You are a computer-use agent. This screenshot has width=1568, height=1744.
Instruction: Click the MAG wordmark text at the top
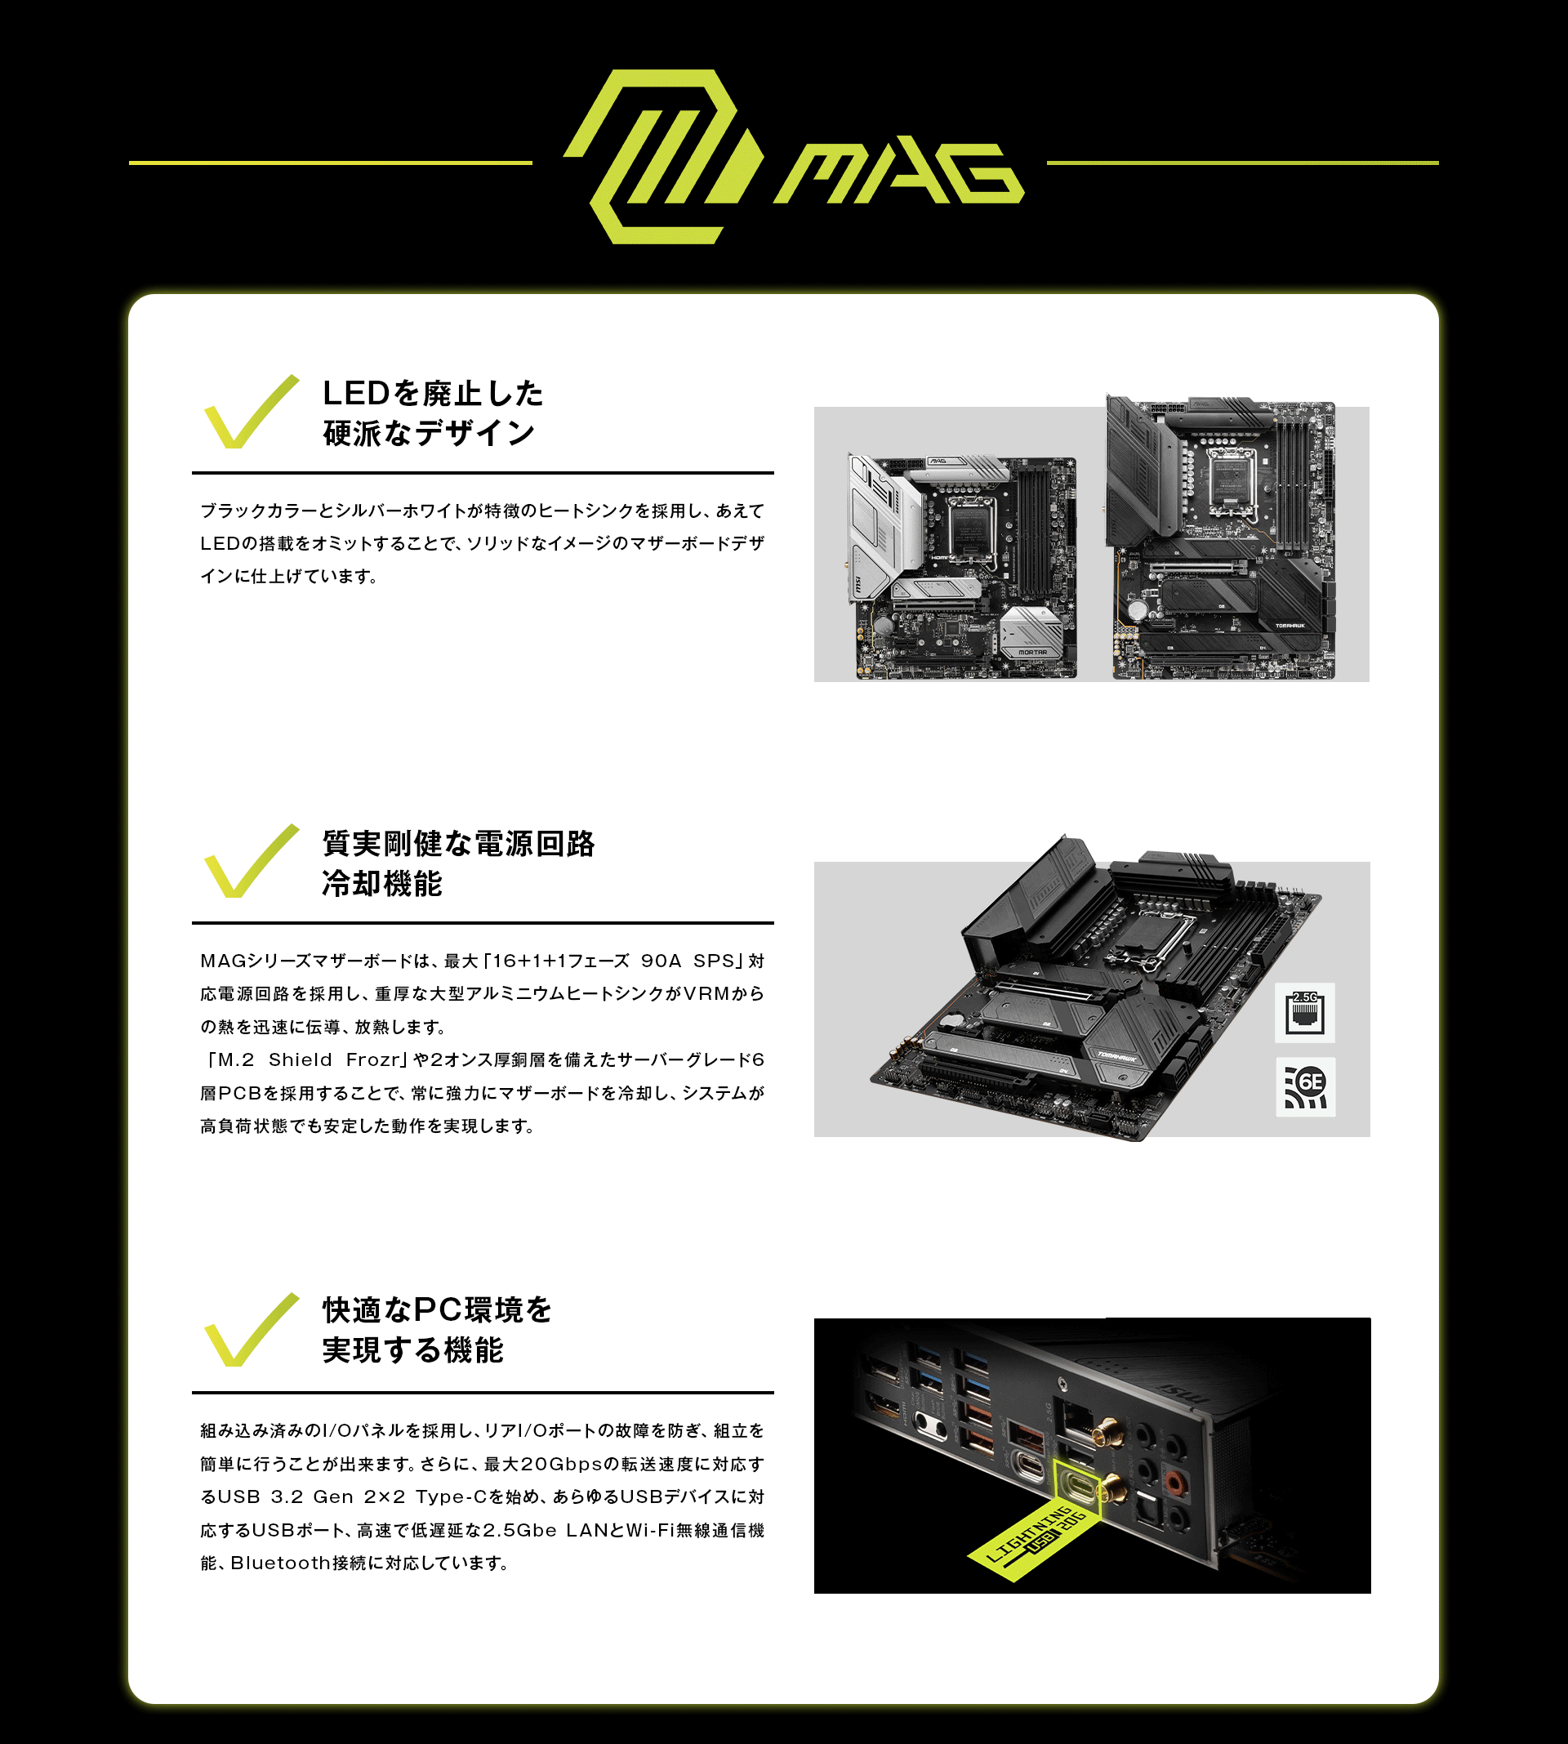pos(898,173)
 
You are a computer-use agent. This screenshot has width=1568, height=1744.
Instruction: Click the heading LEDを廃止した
pos(434,393)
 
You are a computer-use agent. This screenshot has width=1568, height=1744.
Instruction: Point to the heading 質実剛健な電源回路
pos(458,844)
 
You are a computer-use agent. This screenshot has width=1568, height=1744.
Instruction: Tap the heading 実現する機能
pos(412,1349)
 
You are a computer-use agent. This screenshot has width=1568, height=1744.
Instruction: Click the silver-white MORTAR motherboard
pos(962,566)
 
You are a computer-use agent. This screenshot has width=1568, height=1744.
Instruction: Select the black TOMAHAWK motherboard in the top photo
pos(1221,537)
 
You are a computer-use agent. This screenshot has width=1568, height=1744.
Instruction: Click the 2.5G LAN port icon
pos(1305,1012)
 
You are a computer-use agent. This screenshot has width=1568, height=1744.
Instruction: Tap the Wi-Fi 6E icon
pos(1305,1086)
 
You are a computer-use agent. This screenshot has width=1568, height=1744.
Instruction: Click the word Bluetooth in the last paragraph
pos(281,1563)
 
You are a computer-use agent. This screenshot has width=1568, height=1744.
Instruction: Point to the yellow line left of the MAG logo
pos(331,162)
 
